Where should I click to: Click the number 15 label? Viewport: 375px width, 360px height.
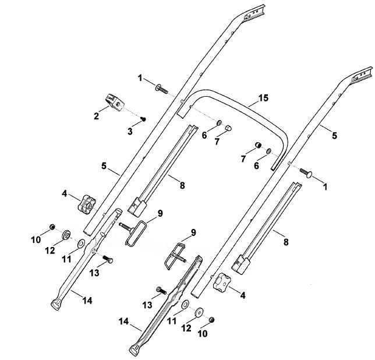263,98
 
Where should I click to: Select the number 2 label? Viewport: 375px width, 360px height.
96,117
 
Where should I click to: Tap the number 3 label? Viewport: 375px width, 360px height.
130,131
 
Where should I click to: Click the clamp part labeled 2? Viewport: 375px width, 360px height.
115,103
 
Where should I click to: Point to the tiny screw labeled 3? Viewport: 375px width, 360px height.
143,119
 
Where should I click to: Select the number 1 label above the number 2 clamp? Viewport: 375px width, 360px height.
140,78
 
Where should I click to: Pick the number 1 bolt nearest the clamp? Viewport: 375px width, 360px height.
162,89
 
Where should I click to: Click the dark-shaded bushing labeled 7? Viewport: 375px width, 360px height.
258,145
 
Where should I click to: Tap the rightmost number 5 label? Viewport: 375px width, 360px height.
334,136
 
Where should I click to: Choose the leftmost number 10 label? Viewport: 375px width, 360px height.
36,239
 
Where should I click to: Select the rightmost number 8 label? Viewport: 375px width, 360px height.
286,242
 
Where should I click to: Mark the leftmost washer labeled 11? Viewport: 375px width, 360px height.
81,243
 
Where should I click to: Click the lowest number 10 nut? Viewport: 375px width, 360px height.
211,320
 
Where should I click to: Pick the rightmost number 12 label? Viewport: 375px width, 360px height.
186,328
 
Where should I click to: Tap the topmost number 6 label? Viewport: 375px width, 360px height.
204,135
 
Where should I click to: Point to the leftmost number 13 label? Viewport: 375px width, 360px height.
94,273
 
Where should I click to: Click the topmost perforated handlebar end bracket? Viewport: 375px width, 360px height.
254,13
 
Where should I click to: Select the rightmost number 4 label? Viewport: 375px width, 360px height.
243,296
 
